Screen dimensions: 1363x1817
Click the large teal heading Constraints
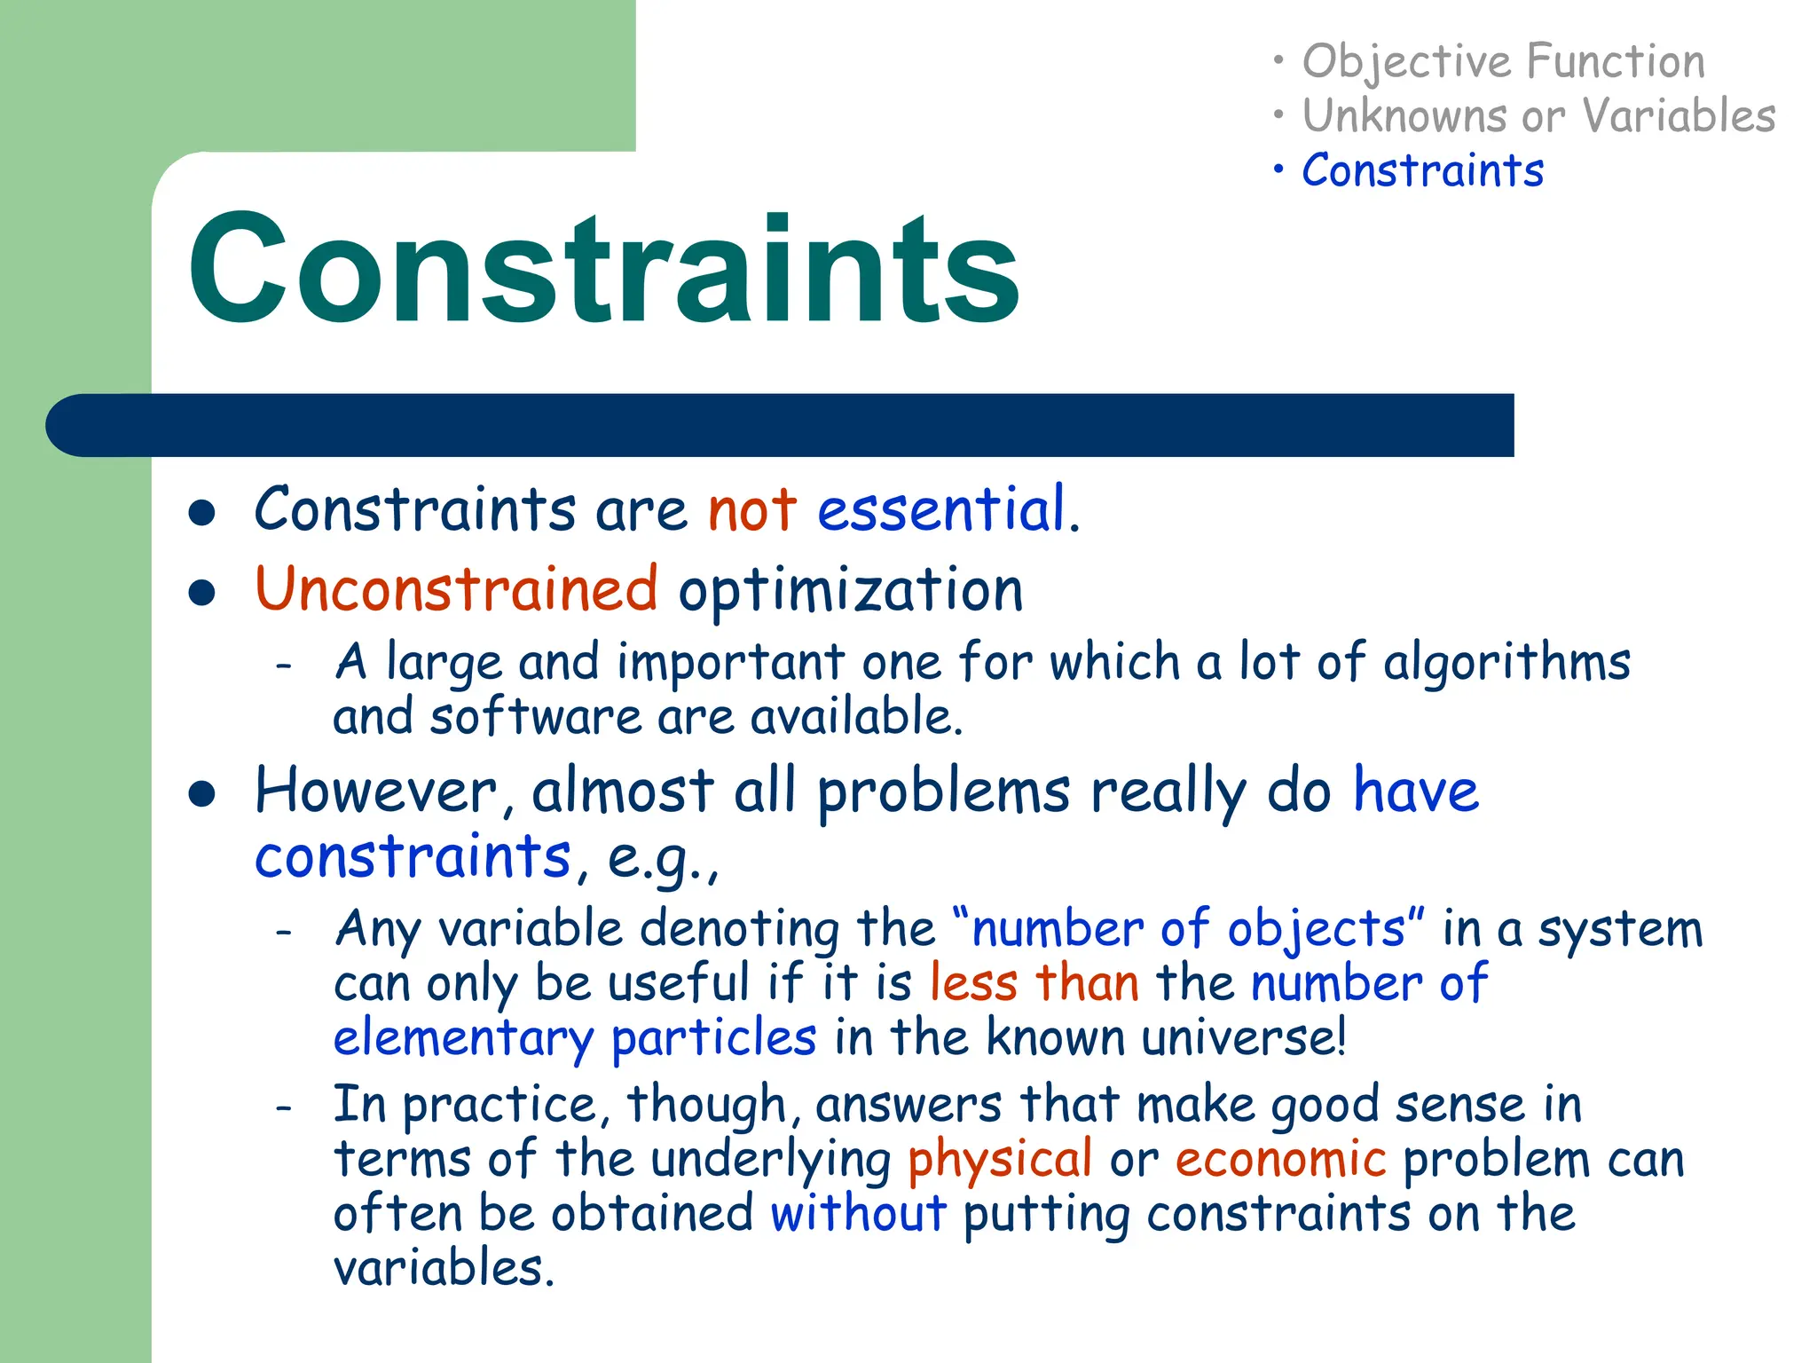click(603, 268)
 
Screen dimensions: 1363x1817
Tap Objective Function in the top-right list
click(1503, 62)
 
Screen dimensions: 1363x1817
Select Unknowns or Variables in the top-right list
click(1538, 116)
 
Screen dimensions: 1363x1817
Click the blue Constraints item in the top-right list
click(1422, 170)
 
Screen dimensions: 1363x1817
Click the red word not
click(752, 510)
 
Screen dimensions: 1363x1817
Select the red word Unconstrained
click(456, 589)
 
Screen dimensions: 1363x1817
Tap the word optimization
click(851, 591)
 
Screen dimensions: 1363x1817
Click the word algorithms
click(1506, 663)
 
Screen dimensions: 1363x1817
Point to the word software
click(535, 717)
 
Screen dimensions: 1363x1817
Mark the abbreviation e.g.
click(657, 858)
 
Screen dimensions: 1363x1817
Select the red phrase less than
click(1034, 983)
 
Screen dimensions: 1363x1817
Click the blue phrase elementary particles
click(574, 1038)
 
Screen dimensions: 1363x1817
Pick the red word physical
click(1000, 1160)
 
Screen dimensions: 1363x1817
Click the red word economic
click(1280, 1160)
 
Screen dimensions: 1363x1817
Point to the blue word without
click(858, 1214)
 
